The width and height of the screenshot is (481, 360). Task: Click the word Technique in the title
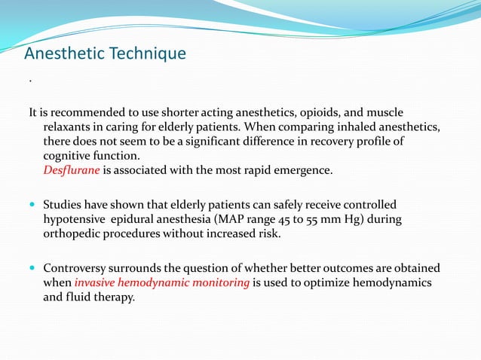click(x=149, y=54)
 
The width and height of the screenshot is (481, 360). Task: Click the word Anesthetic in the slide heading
click(x=66, y=54)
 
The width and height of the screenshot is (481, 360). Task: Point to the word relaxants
click(x=69, y=127)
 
